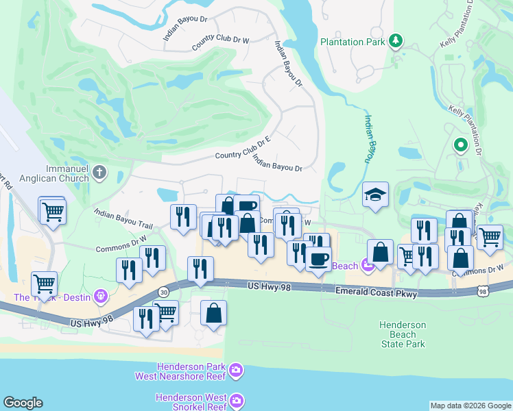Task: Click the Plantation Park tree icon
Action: point(395,42)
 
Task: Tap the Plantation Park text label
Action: point(353,42)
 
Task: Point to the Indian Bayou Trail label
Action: point(123,219)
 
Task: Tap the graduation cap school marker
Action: point(375,195)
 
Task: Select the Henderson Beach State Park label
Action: point(403,334)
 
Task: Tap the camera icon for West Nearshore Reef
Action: point(237,371)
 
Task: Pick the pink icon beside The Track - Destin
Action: point(102,297)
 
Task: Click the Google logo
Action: point(23,403)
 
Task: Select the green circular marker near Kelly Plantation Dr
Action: point(460,145)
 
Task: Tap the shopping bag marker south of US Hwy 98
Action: point(214,314)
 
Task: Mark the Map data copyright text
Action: point(470,406)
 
